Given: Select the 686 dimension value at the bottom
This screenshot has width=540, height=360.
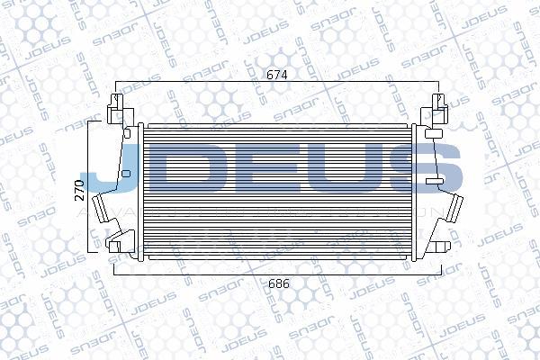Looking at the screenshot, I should coord(280,283).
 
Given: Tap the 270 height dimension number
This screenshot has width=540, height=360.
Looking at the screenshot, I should coord(79,189).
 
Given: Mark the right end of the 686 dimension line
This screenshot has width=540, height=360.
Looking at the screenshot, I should coord(447,270).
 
